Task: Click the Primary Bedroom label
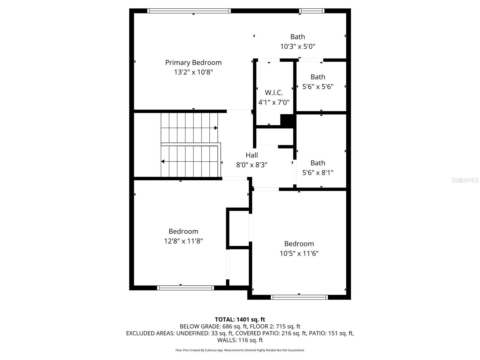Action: tap(193, 62)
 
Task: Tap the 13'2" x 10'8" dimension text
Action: tap(193, 72)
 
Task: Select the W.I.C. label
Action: tap(274, 93)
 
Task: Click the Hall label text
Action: tap(252, 155)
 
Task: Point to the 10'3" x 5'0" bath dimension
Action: tap(298, 46)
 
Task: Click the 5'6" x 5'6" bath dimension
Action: tap(318, 87)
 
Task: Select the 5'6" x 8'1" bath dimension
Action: tap(318, 173)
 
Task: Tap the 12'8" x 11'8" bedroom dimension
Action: tap(183, 241)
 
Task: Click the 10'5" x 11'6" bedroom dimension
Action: tap(299, 253)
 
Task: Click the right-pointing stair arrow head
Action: tap(216, 128)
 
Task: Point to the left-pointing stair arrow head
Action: tap(163, 162)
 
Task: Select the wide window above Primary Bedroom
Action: tap(189, 11)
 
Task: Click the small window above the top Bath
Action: tap(312, 11)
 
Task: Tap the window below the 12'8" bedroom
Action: tap(185, 288)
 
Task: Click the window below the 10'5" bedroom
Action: tap(299, 297)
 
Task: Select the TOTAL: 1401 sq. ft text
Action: tap(240, 319)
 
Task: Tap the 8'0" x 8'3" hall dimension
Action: tap(252, 165)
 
